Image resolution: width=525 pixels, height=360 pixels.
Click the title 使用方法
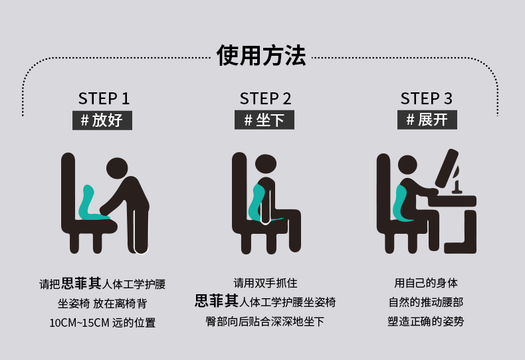[x=261, y=56]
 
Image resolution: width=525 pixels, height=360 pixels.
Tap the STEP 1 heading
[x=104, y=99]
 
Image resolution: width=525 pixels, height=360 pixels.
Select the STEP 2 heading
[x=265, y=99]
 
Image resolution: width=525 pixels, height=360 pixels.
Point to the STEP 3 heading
[x=427, y=99]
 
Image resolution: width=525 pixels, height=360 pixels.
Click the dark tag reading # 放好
[x=102, y=120]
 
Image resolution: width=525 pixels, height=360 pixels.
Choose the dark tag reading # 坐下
[x=264, y=120]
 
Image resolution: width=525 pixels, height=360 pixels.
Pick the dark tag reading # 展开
[x=427, y=120]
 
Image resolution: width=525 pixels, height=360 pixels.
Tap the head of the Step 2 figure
[x=266, y=165]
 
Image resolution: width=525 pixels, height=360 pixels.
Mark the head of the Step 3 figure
[x=407, y=165]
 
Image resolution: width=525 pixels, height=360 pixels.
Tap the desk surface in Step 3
[x=452, y=201]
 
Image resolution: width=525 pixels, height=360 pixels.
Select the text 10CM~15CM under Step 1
[x=79, y=323]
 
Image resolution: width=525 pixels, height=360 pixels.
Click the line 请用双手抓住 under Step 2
[x=265, y=283]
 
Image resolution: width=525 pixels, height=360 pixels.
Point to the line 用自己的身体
[x=425, y=283]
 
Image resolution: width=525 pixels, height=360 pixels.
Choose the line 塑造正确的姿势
[x=425, y=321]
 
